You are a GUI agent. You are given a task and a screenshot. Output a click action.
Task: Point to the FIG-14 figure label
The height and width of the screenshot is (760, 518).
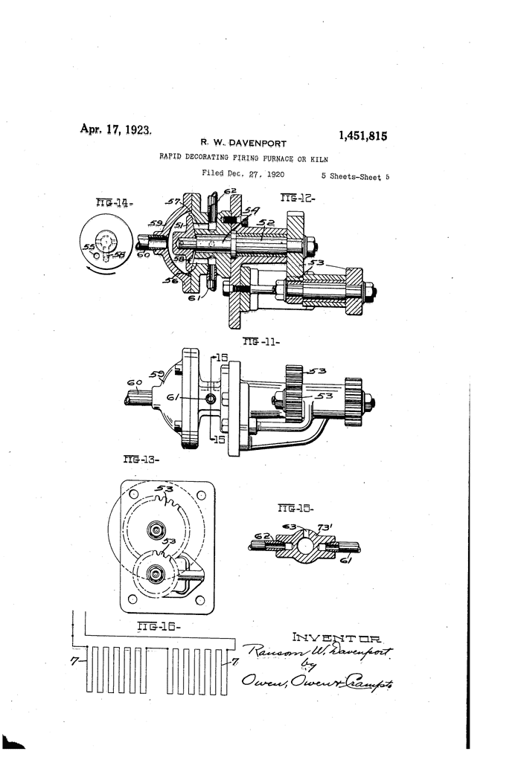(x=113, y=202)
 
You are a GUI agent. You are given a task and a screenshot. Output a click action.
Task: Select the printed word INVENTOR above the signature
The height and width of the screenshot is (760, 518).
(x=336, y=637)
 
